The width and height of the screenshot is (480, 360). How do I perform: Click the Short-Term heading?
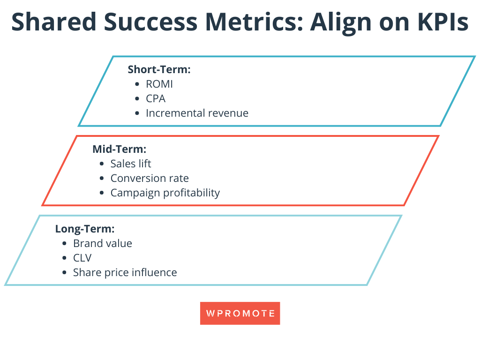[159, 70]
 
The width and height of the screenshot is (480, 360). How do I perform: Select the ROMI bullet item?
[159, 84]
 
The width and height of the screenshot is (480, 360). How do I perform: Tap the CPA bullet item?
[156, 99]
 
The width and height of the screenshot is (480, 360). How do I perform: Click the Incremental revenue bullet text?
[197, 113]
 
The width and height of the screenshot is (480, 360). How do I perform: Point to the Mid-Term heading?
[120, 150]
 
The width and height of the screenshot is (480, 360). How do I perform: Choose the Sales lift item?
[131, 164]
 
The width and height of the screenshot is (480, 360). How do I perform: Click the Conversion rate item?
[150, 178]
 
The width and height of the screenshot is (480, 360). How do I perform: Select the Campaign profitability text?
[165, 193]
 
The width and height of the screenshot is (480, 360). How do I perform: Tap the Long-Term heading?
[85, 229]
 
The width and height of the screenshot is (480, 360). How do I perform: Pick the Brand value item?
[103, 243]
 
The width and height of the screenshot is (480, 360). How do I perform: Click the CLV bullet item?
[82, 258]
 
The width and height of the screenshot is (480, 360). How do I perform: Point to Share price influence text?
[125, 272]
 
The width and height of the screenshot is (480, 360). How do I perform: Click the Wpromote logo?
[240, 313]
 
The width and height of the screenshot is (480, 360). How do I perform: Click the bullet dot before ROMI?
[137, 85]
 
